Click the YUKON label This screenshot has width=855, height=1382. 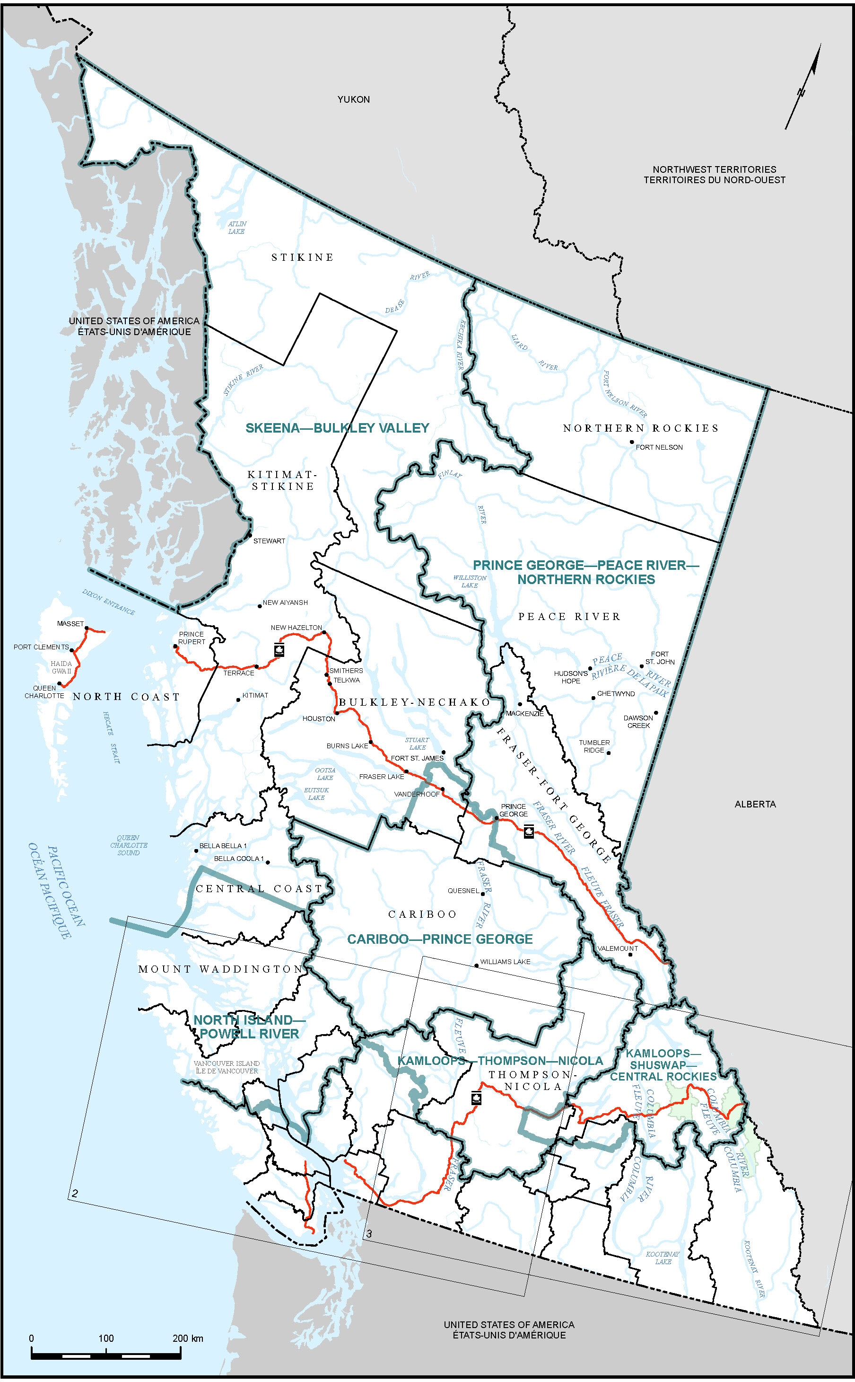point(353,99)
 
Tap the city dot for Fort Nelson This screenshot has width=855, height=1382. point(632,442)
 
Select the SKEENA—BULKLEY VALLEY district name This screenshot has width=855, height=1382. point(337,428)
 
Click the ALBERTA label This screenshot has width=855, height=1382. point(755,804)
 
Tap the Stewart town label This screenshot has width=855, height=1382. point(269,541)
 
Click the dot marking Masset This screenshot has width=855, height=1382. point(87,628)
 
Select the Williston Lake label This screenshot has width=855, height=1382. point(469,581)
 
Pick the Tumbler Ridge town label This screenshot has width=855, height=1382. point(594,746)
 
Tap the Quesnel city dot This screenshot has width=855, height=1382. point(482,894)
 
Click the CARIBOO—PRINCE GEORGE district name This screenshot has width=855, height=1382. point(439,939)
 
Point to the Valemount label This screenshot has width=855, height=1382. point(618,948)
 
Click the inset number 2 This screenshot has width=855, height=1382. point(75,1194)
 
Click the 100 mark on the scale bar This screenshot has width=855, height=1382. point(106,1338)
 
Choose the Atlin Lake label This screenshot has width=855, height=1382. point(237,228)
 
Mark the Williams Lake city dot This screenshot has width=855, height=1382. point(477,966)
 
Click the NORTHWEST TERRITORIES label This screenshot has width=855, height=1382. point(714,169)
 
